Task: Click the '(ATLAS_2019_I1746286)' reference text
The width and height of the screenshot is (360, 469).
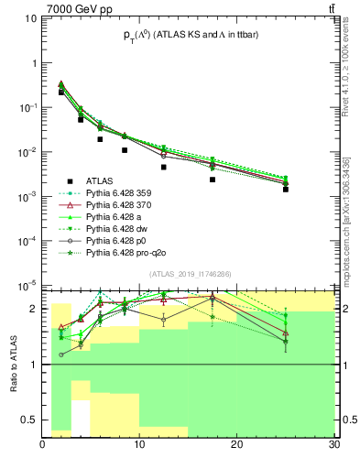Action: point(190,275)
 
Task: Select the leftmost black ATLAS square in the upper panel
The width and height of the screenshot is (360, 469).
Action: point(61,93)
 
